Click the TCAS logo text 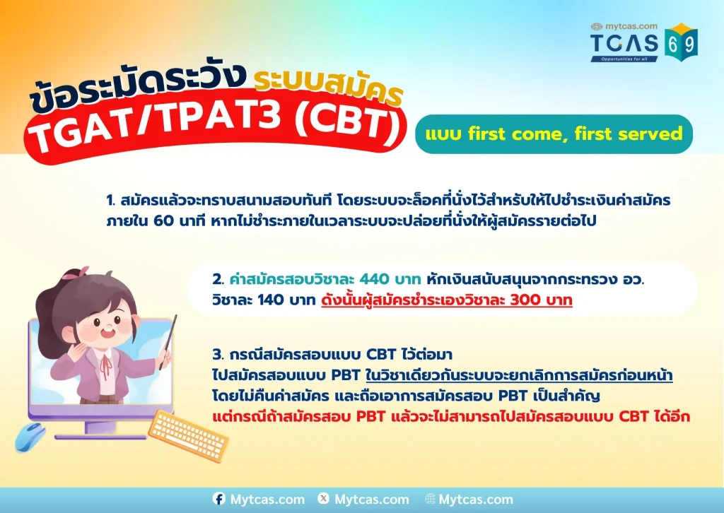[624, 43]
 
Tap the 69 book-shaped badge [681, 42]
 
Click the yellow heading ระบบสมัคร [328, 88]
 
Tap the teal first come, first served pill [554, 134]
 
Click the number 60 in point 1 [163, 221]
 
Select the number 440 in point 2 [373, 279]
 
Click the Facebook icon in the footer [219, 499]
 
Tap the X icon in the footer [324, 498]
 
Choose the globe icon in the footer [430, 499]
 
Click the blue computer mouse [30, 437]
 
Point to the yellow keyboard [188, 435]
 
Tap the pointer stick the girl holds [168, 342]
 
